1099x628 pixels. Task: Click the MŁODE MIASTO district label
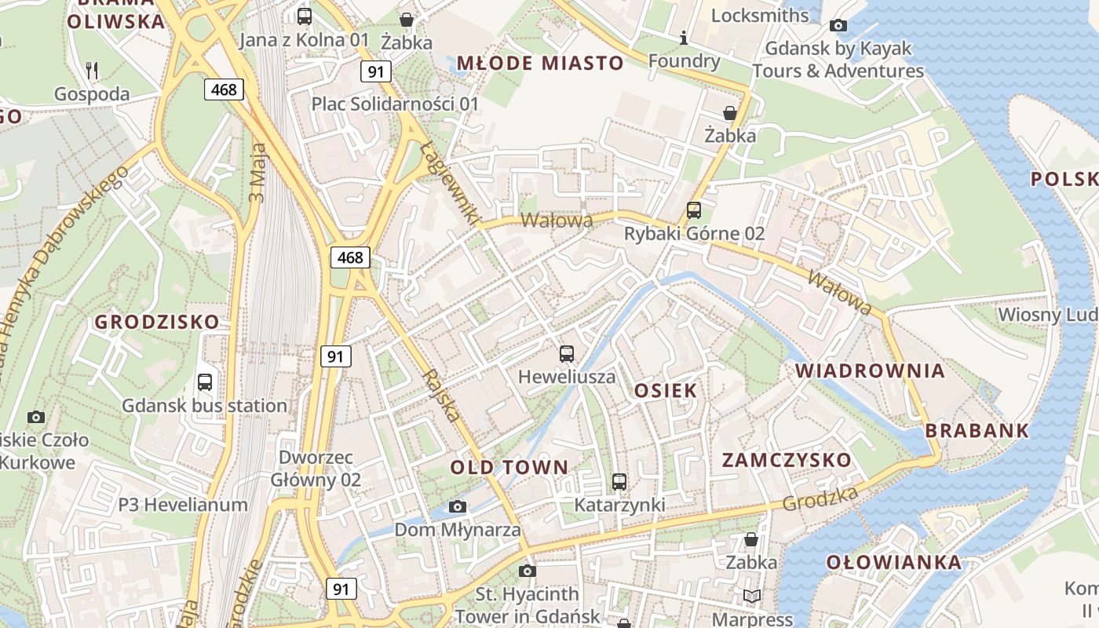pos(540,63)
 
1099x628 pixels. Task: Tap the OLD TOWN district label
pos(509,467)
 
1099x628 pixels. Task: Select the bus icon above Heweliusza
pos(567,353)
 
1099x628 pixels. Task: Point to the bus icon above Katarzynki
pos(619,481)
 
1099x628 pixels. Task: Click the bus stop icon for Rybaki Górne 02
pos(694,210)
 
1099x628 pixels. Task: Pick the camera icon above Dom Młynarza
pos(458,506)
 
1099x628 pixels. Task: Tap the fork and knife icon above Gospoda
pos(92,71)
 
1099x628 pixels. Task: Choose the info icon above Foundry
pos(684,38)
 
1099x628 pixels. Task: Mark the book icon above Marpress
pos(752,596)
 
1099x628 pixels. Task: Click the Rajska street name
pos(440,396)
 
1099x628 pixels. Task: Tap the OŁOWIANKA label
pos(893,562)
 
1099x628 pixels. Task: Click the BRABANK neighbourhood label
pos(977,430)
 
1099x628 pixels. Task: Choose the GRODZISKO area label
pos(157,322)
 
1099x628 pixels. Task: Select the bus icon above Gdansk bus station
pos(205,382)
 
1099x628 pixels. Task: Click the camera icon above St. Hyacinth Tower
pos(528,571)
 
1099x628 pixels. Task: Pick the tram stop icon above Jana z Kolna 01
pos(305,16)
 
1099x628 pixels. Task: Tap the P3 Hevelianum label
pos(183,505)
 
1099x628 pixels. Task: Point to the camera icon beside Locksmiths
pos(838,25)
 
